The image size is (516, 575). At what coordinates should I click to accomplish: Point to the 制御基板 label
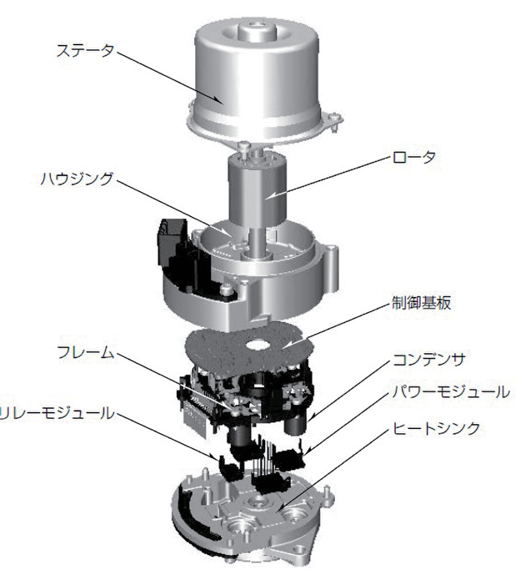[421, 302]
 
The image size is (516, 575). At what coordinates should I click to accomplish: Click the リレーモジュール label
[55, 412]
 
